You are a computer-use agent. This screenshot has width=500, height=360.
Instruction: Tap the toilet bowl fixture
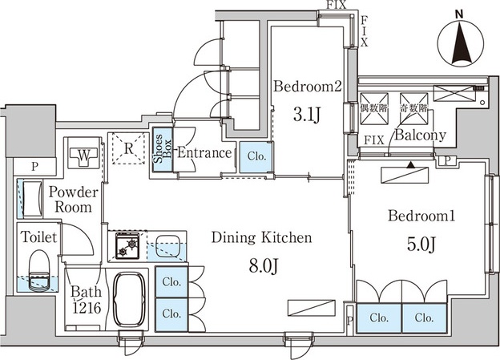(x=39, y=270)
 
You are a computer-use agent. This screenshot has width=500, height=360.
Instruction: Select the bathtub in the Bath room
(x=130, y=300)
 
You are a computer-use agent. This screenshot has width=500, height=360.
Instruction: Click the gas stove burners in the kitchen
(x=127, y=245)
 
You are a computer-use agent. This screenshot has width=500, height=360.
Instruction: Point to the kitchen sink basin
(x=167, y=245)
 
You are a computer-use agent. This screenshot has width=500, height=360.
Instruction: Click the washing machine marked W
(x=84, y=155)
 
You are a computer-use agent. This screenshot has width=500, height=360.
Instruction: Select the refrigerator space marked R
(x=128, y=148)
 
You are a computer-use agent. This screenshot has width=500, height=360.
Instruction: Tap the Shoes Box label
(x=163, y=149)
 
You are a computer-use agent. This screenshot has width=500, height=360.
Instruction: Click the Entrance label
(x=204, y=152)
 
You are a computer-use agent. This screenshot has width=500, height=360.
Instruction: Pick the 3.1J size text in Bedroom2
(x=306, y=115)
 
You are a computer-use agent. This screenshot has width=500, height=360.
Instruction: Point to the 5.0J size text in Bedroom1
(x=421, y=245)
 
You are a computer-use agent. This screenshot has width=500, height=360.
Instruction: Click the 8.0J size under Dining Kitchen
(x=264, y=266)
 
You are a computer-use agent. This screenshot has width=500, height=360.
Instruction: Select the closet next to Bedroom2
(x=256, y=157)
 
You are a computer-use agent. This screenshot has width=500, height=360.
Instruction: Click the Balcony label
(x=420, y=136)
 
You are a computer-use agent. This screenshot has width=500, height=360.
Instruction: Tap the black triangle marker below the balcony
(x=412, y=165)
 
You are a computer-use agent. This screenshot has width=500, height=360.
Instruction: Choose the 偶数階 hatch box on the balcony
(x=374, y=108)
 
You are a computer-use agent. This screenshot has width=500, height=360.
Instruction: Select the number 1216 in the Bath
(x=87, y=308)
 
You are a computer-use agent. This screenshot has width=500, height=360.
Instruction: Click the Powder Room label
(x=74, y=200)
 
